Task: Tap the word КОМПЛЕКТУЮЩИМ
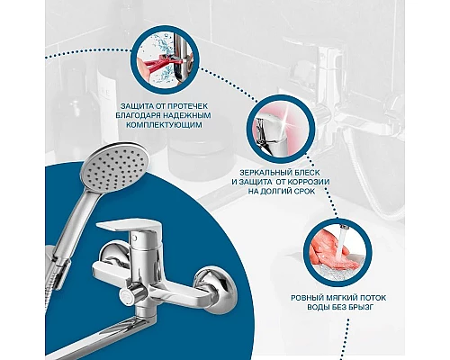(164, 125)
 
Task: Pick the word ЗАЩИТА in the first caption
(133, 106)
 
